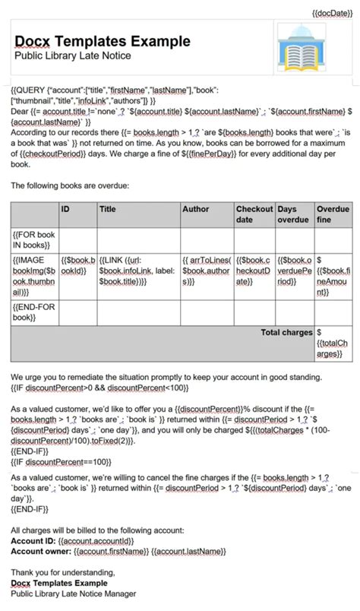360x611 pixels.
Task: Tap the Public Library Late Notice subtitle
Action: (73, 55)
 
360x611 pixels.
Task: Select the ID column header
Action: (66, 188)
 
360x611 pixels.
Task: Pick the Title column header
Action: (108, 188)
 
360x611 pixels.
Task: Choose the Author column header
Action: (195, 188)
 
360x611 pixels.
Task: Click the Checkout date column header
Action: (254, 193)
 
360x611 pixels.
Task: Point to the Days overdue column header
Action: (293, 193)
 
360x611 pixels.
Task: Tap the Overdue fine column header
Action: (333, 193)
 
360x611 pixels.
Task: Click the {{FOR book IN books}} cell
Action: (33, 218)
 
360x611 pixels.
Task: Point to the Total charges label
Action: (286, 333)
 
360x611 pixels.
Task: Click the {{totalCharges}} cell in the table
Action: (331, 343)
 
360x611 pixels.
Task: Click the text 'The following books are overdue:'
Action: (70, 164)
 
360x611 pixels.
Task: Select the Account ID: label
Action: (34, 540)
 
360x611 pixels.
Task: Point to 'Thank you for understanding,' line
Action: (63, 572)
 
